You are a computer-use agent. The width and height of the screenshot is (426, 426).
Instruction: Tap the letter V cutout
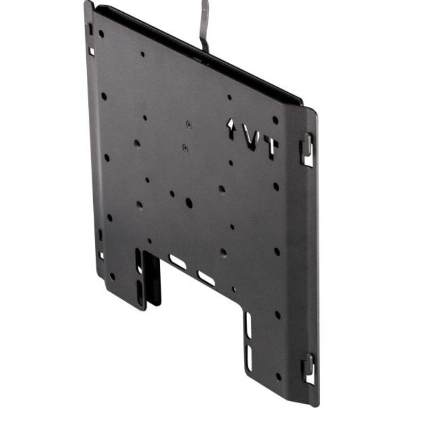point(251,137)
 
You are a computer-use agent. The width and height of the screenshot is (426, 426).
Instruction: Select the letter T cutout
point(271,148)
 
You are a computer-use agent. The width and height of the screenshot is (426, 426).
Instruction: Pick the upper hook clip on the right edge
point(307,150)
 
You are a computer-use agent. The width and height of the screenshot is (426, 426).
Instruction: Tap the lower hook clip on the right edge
point(308,368)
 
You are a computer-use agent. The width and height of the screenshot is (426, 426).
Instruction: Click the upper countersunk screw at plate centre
point(189,125)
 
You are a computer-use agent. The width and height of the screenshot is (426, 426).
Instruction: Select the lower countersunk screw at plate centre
point(185,148)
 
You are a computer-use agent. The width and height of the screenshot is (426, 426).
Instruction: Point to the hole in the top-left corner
point(101,34)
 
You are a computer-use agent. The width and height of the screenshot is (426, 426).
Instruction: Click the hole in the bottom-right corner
point(278,377)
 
